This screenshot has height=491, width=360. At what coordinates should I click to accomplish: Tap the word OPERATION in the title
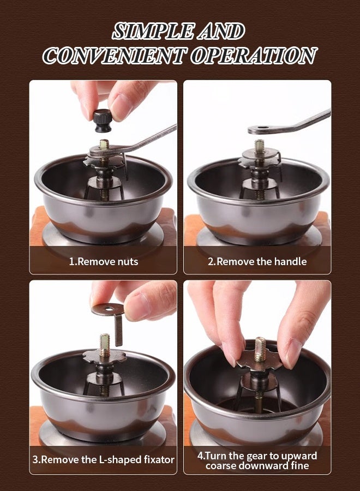pos(254,56)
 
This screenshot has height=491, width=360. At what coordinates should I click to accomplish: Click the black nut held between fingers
pos(102,121)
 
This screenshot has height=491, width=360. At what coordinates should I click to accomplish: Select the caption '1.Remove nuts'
pos(103,261)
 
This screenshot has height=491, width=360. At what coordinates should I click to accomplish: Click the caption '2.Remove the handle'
pos(257,261)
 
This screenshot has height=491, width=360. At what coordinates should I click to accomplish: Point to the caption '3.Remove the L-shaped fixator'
pos(103,460)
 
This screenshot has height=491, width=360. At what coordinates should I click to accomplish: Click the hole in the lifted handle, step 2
pos(263,128)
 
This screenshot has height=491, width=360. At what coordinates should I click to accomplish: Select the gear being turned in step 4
pos(260,360)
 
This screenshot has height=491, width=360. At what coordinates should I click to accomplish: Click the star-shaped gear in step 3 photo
pos(105,356)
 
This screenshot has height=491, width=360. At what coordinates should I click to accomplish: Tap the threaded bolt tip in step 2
pos(259,146)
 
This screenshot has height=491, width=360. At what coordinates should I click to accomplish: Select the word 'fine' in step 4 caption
pos(299,466)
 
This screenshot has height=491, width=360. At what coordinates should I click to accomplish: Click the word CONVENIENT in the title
pos(115,56)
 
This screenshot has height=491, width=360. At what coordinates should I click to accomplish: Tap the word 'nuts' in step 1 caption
pos(128,262)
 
